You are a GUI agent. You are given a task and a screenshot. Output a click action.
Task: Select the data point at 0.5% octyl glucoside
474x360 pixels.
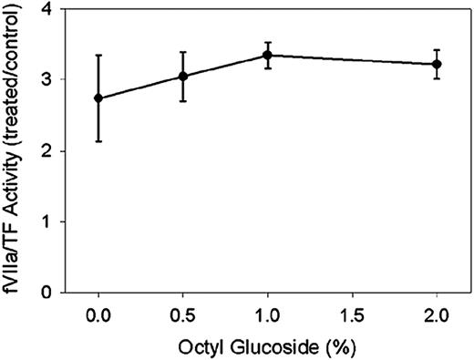183,76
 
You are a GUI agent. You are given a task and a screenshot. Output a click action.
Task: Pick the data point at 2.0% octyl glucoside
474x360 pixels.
437,64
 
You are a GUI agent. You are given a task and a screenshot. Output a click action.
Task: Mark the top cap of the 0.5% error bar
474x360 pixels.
183,52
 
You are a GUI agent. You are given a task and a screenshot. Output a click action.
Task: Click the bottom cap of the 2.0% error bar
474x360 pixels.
437,78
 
